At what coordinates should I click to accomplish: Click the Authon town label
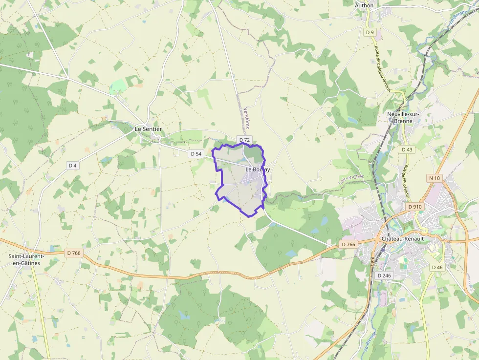(x=364, y=5)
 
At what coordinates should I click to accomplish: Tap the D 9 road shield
(x=370, y=32)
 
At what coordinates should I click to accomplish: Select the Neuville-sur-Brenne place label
(x=403, y=117)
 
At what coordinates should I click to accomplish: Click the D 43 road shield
(x=407, y=149)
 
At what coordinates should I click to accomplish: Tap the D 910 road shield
(x=414, y=207)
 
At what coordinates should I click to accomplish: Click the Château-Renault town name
(x=402, y=238)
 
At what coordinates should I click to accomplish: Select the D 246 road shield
(x=385, y=275)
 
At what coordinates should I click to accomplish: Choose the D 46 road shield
(x=437, y=267)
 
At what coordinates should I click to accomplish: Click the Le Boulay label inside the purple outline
(x=258, y=169)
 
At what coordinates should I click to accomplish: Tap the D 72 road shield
(x=245, y=140)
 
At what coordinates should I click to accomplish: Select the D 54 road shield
(x=196, y=153)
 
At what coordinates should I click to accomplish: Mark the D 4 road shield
(x=73, y=166)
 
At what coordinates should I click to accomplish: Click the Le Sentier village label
(x=148, y=129)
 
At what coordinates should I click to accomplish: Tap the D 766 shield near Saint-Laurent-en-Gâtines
(x=73, y=253)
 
